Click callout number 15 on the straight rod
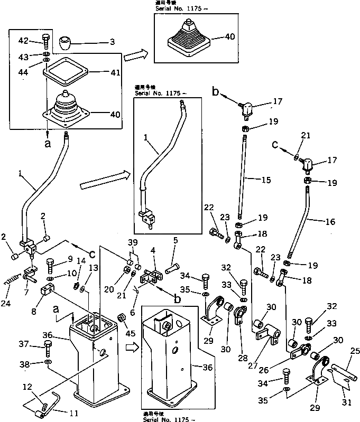(x=265, y=181)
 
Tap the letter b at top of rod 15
(x=215, y=91)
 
